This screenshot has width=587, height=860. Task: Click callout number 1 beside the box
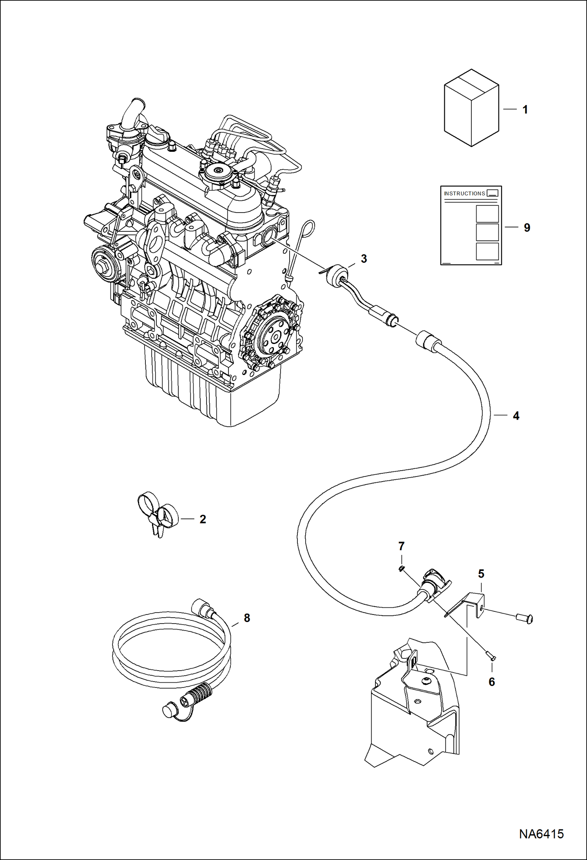[525, 109]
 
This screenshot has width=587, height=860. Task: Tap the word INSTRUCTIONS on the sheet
[464, 193]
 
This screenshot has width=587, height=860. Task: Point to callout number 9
[527, 227]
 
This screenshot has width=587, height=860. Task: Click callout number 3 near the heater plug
[364, 259]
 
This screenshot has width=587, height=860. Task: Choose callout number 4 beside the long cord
[516, 416]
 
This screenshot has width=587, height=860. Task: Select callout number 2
[203, 519]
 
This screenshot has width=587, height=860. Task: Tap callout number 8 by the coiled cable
[247, 618]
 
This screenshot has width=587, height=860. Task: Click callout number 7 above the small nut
[401, 546]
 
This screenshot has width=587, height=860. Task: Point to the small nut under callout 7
[401, 569]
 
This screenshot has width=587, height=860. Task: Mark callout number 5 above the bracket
[481, 574]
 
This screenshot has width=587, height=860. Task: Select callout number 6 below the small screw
[492, 682]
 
